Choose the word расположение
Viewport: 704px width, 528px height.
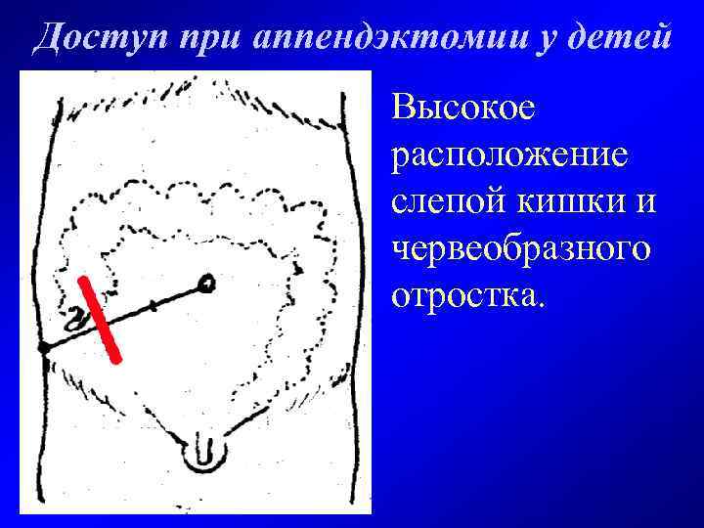(x=509, y=155)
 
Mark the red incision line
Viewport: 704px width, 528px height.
(x=100, y=320)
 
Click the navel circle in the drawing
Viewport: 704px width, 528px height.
(x=205, y=285)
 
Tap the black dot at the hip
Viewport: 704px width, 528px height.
(x=44, y=347)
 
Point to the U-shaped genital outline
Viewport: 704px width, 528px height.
(x=203, y=452)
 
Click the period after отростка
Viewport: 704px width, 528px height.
(x=537, y=302)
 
